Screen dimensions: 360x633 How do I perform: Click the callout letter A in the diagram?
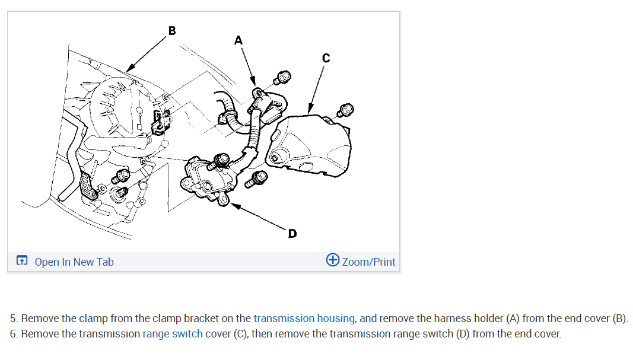point(238,40)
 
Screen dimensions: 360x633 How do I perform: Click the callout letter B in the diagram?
point(172,30)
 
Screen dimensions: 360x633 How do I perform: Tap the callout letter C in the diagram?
point(326,58)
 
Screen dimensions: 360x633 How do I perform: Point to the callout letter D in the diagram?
point(292,234)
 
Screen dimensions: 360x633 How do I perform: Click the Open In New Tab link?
point(74,262)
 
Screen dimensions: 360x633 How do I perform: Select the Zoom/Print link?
point(368,262)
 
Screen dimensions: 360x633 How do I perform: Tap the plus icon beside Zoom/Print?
point(333,261)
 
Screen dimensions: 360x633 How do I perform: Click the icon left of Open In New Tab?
point(22,261)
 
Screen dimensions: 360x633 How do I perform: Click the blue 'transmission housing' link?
point(304,318)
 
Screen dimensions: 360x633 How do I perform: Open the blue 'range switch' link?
point(173,333)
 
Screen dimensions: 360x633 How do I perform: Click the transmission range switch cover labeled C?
point(308,145)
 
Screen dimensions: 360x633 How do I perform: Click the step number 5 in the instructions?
point(13,318)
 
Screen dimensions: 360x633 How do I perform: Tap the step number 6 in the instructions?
point(13,333)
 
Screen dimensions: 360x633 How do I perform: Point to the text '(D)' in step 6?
point(463,333)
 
